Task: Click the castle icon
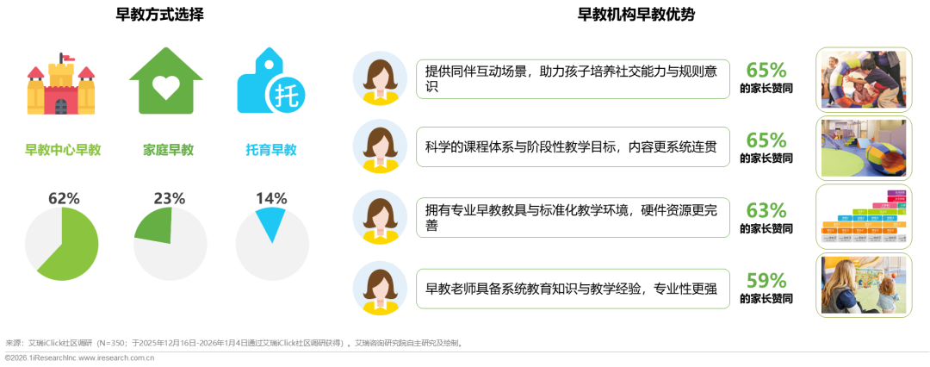pos(60,86)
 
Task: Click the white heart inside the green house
pos(166,87)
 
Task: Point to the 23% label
pos(169,199)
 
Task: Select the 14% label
pos(270,199)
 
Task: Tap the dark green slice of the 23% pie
pos(155,227)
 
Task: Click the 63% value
pos(766,211)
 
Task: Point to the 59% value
pos(766,281)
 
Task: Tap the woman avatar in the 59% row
pos(380,288)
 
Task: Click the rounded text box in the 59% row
pos(573,288)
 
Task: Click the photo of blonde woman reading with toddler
pos(864,285)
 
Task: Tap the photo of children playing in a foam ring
pos(864,78)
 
